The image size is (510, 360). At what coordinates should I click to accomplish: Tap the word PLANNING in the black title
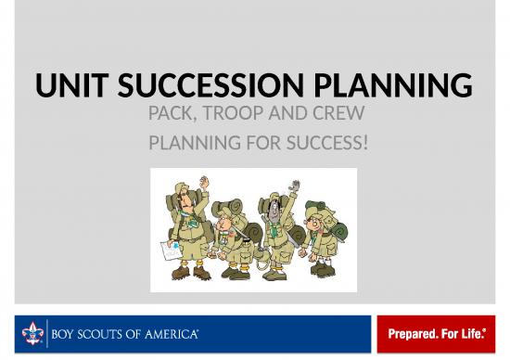[395, 88]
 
